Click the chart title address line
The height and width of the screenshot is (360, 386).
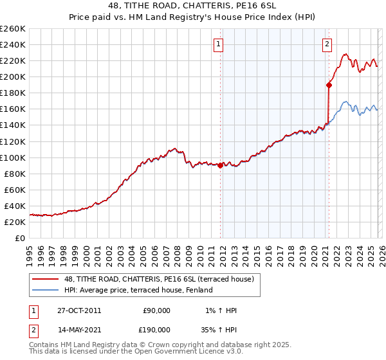tap(193, 6)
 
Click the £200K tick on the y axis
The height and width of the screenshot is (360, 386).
tap(12, 76)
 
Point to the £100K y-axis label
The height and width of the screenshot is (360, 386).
tap(12, 157)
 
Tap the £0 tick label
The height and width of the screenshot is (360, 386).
tap(20, 238)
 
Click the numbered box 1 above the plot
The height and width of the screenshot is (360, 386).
tap(219, 44)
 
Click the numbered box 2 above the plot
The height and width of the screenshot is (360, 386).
tap(327, 44)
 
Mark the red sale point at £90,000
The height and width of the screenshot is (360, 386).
tap(220, 165)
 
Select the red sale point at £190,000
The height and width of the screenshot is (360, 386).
tap(329, 84)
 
